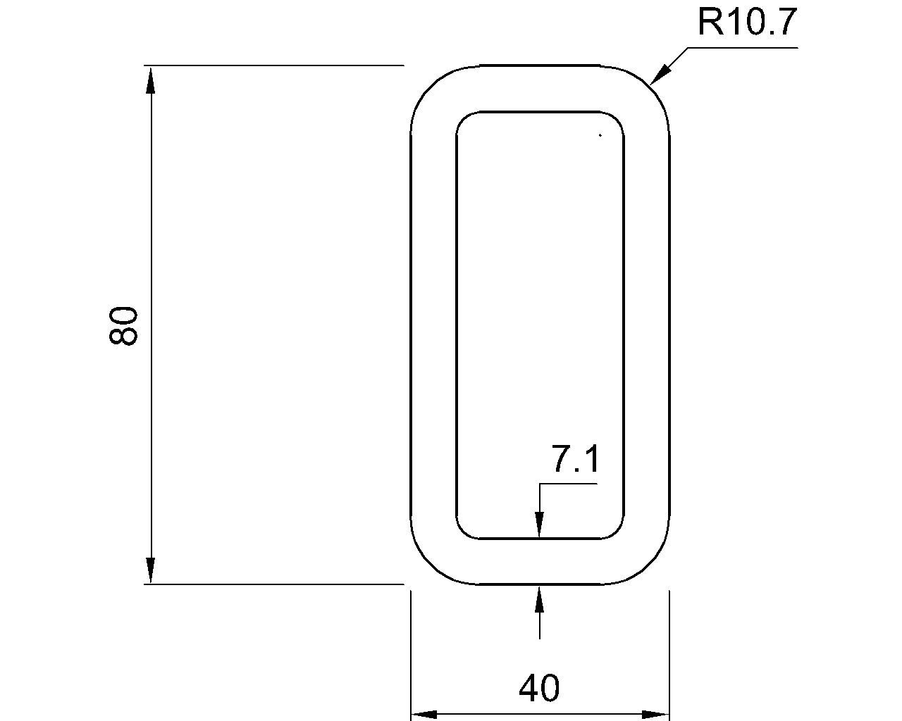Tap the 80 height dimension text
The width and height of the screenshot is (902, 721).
point(123,325)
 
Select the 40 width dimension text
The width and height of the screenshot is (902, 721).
point(539,688)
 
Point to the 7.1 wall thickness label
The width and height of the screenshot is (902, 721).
point(575,460)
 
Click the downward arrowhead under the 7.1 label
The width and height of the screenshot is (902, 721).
point(539,525)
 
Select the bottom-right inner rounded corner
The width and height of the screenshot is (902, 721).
point(616,531)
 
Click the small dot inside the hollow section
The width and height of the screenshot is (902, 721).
point(600,134)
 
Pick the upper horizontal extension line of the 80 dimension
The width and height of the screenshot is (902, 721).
point(275,65)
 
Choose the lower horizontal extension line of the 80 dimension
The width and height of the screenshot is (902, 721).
point(275,584)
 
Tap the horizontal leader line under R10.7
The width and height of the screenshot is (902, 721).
point(743,48)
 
